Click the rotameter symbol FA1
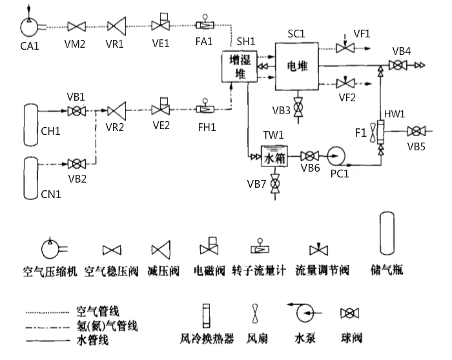(x=205, y=25)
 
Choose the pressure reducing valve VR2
(x=117, y=110)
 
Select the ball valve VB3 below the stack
(x=298, y=108)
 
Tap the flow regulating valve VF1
(x=346, y=48)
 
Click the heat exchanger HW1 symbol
(x=381, y=132)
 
